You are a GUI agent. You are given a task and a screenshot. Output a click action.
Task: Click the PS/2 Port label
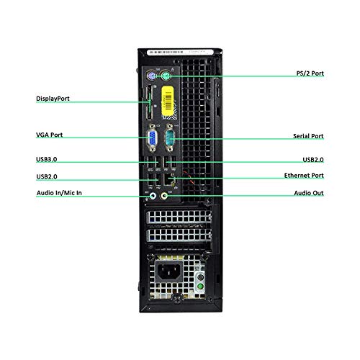(310, 73)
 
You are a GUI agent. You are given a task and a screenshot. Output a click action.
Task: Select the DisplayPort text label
(53, 99)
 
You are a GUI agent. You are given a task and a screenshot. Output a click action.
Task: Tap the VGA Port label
(49, 135)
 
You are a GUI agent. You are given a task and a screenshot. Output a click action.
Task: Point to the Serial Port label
(308, 136)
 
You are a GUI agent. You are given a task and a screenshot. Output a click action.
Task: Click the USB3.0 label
(46, 159)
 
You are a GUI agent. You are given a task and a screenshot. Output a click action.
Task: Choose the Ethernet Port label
(304, 176)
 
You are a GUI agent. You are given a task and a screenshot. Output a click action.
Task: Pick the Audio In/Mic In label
(59, 193)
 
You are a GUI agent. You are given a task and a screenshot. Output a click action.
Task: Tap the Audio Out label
(309, 193)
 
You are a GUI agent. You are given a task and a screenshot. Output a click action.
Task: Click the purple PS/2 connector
(151, 76)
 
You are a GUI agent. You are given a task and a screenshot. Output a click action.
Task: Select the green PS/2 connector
(166, 76)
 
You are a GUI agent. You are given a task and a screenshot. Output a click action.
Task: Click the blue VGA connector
(152, 138)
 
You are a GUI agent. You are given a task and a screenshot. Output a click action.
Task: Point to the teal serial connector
(169, 138)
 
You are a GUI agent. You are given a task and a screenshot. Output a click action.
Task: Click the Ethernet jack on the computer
(170, 179)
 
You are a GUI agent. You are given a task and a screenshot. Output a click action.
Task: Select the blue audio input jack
(153, 196)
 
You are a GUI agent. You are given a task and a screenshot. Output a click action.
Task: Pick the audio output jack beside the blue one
(164, 196)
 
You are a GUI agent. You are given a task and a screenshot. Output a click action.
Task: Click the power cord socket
(168, 271)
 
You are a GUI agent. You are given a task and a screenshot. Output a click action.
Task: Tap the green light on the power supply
(200, 287)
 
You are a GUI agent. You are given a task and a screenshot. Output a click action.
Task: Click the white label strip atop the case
(180, 52)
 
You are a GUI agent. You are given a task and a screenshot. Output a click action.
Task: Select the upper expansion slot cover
(179, 217)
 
